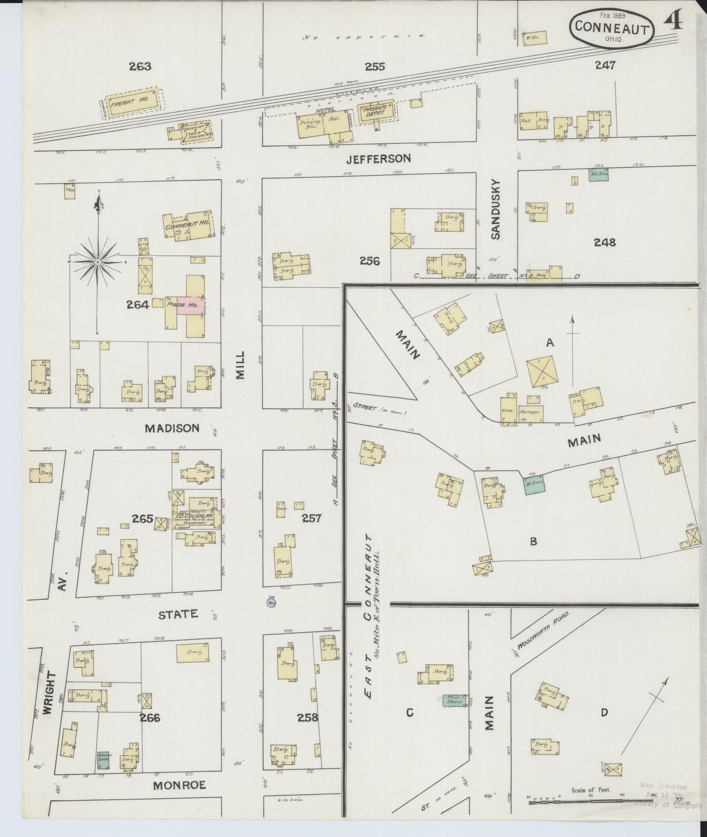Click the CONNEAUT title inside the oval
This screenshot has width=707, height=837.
tap(612, 26)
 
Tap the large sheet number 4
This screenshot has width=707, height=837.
tap(675, 23)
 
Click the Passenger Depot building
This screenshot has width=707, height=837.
tap(376, 113)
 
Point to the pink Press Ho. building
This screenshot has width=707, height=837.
tap(190, 304)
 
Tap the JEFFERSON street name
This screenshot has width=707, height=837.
tap(378, 159)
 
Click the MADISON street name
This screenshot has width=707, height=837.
tap(172, 428)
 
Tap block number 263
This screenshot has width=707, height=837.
tap(140, 67)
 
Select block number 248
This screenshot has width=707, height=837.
tap(604, 242)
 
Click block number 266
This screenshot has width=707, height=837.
tap(150, 718)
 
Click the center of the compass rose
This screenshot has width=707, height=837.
tap(98, 262)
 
